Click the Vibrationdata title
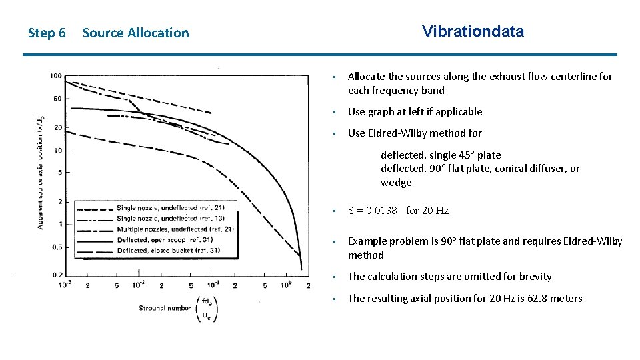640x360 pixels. point(473,31)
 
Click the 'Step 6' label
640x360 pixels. point(47,33)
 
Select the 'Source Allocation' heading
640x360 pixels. point(135,33)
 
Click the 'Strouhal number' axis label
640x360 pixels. point(164,308)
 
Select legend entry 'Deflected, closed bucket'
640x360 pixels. point(169,251)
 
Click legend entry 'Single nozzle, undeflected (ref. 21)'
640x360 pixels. point(171,207)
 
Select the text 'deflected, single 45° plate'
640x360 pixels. point(441,155)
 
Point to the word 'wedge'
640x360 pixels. point(396,183)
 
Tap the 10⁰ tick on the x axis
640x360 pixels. point(286,285)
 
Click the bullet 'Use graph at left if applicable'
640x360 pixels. point(415,112)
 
